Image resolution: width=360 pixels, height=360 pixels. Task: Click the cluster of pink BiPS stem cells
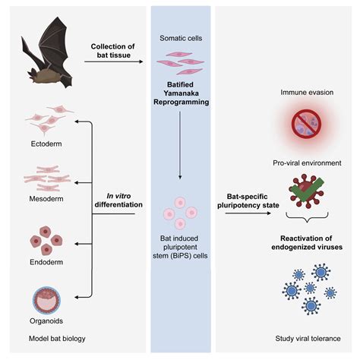[x=181, y=213]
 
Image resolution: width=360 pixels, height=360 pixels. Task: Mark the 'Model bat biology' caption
[x=46, y=339]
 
